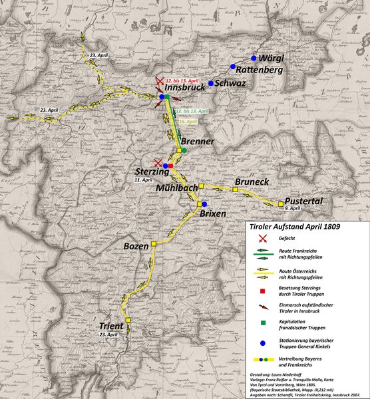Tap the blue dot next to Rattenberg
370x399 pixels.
[234, 66]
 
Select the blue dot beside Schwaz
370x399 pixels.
[210, 83]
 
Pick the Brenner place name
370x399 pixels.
[198, 142]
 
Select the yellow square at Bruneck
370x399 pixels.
[235, 190]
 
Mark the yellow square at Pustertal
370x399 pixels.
[281, 203]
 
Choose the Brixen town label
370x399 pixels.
[213, 214]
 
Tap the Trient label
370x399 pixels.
[110, 326]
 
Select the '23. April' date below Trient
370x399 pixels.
[108, 334]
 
